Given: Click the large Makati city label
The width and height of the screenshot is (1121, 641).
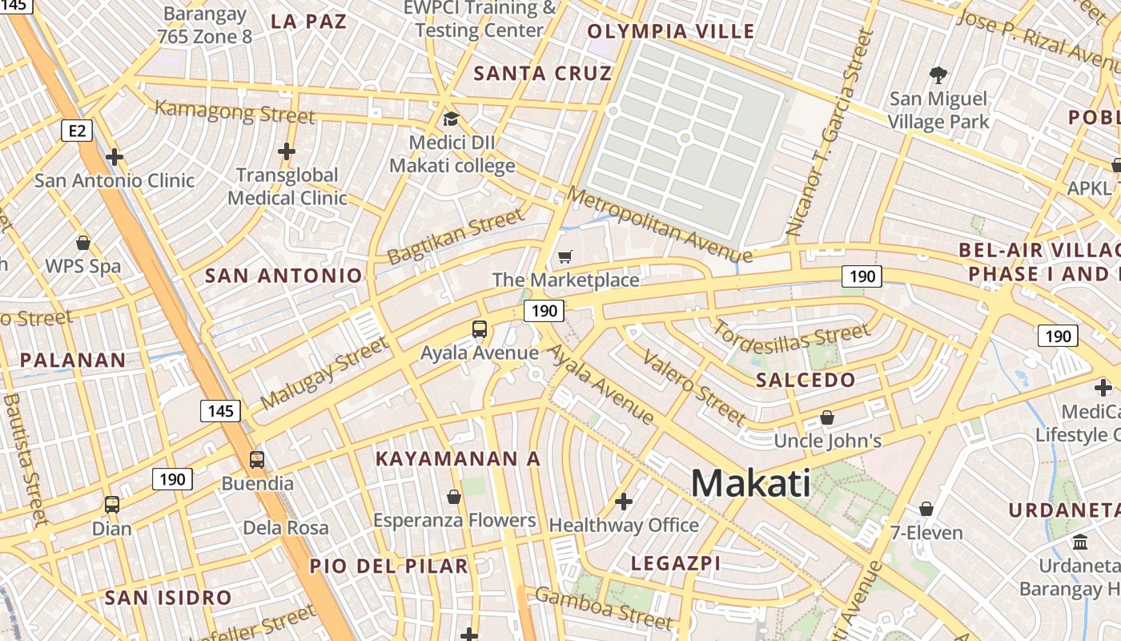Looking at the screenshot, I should click(x=750, y=483).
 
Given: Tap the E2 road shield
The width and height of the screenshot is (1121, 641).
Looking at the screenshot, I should click(x=76, y=130).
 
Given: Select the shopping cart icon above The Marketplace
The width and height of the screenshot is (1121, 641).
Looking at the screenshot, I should click(x=565, y=257).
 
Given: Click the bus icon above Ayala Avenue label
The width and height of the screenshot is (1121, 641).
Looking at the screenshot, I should click(x=480, y=329).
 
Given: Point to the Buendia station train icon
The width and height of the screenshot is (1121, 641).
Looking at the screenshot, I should click(x=257, y=460).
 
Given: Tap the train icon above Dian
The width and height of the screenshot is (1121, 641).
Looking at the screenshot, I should click(x=112, y=505).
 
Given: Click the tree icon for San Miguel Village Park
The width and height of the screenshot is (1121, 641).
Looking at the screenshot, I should click(x=938, y=76).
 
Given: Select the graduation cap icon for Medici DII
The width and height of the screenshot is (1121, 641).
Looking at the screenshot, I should click(x=451, y=119).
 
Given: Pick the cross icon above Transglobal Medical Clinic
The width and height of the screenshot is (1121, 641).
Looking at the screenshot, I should click(x=287, y=151).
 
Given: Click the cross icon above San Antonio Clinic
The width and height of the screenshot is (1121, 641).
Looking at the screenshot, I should click(x=115, y=157).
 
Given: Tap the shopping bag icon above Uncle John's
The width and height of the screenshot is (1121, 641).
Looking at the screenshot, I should click(x=827, y=417).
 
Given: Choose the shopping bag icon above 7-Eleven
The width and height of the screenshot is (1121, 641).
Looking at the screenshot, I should click(x=926, y=509).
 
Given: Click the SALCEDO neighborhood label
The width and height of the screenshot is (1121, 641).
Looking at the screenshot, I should click(x=806, y=380).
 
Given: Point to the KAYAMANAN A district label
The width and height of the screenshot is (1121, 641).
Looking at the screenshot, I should click(x=458, y=459).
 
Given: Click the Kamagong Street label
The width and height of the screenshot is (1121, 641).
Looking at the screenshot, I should click(x=235, y=111).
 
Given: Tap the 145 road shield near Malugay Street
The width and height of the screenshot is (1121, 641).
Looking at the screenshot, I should click(x=220, y=411).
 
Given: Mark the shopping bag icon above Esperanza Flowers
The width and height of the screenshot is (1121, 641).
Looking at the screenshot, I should click(x=454, y=497).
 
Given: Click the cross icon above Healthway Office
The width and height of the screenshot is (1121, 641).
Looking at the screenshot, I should click(x=623, y=502).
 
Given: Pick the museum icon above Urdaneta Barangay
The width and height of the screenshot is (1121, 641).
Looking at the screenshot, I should click(x=1080, y=542).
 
